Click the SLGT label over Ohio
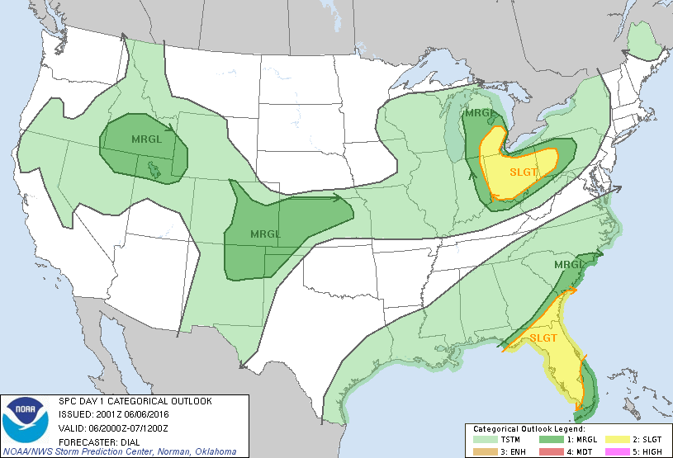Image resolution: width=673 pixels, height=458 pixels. pos(524,171)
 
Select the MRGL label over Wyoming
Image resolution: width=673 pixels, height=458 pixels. pos(147,138)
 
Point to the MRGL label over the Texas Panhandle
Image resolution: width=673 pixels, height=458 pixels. pos(264,234)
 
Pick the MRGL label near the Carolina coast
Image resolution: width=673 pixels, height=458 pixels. pos(569,264)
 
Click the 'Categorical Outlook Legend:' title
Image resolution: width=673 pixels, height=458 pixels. pos(528,429)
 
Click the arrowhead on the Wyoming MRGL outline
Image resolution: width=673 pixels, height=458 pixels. pos(171,128)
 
